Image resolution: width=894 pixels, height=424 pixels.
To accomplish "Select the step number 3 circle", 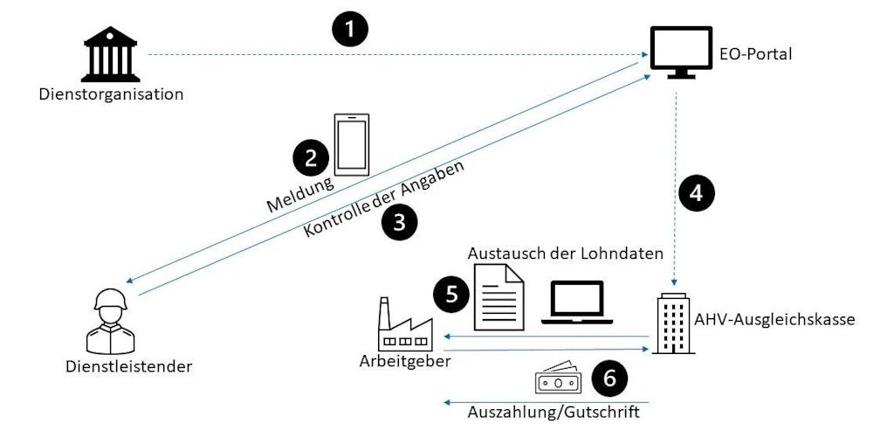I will pos(399,222).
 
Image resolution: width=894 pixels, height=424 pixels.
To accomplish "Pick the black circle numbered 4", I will pos(696,193).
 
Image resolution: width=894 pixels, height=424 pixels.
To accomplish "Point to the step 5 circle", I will pos(450,294).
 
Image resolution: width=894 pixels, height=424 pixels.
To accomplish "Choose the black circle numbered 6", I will pos(609,378).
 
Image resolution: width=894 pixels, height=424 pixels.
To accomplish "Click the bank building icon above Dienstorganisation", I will pos(111,53).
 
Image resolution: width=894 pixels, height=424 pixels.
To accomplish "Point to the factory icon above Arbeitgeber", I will pos(402,324).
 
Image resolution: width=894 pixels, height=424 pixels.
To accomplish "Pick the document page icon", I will pos(498,296).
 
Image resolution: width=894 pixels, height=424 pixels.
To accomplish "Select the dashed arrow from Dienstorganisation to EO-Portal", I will pos(393,55).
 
